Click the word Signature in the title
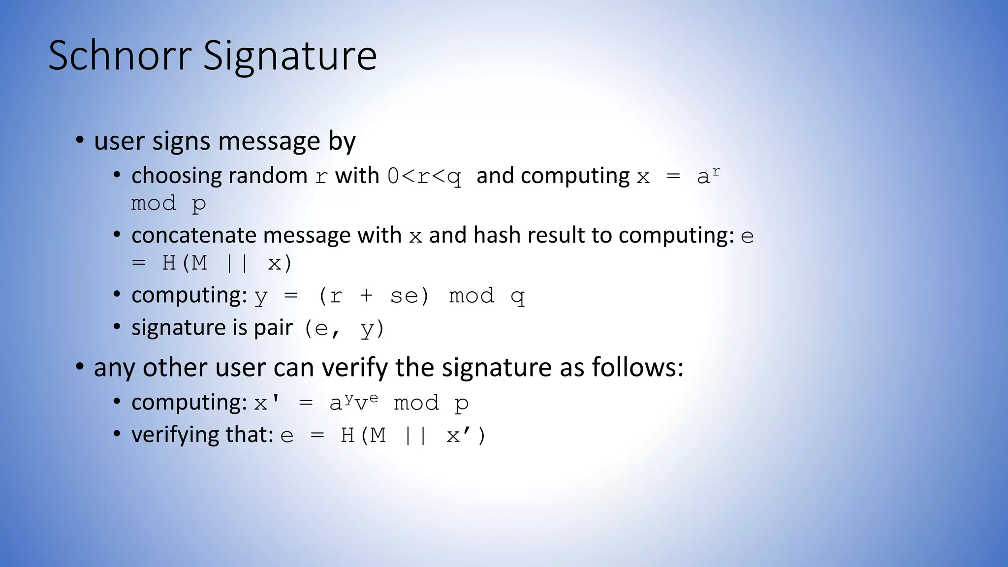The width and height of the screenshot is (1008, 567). tap(290, 56)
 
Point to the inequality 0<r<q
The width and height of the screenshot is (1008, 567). tap(424, 176)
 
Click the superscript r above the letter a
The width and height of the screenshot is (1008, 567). tap(716, 171)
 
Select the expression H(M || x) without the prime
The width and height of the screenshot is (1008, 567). tap(227, 263)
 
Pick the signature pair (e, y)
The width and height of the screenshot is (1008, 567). tap(344, 328)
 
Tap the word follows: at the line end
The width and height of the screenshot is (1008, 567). tap(637, 368)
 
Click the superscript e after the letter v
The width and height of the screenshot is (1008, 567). tap(374, 398)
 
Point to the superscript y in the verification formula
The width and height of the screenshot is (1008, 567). tap(348, 398)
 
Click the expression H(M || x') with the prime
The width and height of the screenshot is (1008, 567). tap(413, 436)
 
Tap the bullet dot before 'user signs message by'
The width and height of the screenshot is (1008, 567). tap(79, 140)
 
